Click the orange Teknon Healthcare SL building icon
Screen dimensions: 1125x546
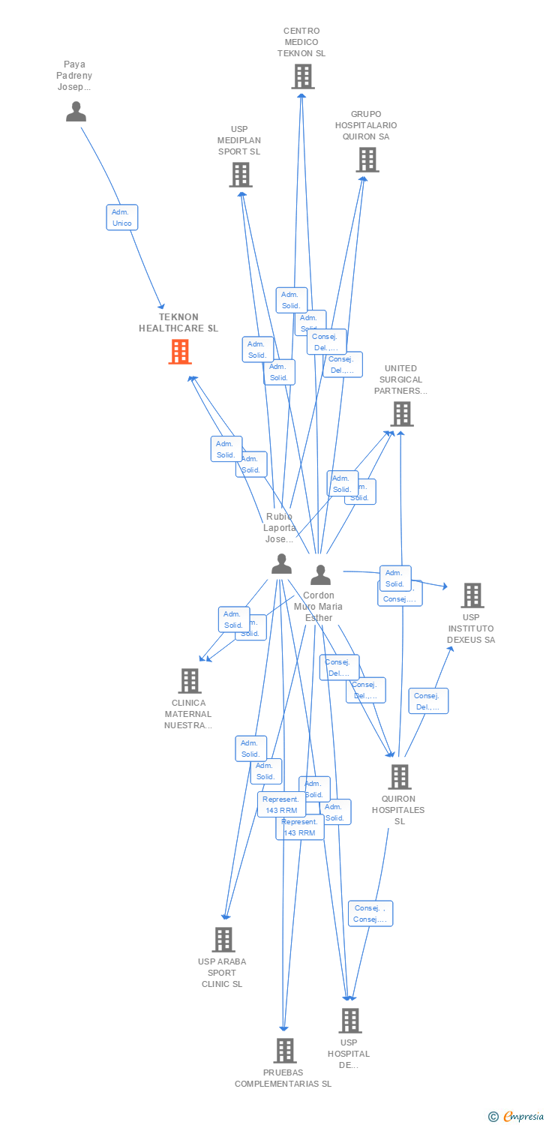[x=180, y=352]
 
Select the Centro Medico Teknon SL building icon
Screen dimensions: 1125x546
[x=302, y=76]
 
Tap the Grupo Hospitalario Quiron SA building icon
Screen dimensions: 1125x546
[x=367, y=160]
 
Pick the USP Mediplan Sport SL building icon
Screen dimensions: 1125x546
[x=240, y=175]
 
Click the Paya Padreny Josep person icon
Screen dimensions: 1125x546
[x=76, y=112]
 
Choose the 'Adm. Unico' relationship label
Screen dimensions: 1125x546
[x=121, y=217]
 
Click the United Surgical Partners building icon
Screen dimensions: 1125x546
[x=401, y=414]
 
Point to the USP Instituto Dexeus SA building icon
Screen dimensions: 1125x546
[x=472, y=595]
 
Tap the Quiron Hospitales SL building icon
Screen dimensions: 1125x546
[x=400, y=777]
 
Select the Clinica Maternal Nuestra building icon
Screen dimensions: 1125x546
[x=189, y=681]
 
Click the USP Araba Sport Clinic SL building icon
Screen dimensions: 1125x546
[x=223, y=940]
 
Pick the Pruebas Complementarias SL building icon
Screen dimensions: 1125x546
[x=283, y=1051]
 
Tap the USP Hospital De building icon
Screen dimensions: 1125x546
[x=349, y=1021]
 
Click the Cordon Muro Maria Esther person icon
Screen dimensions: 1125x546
[x=320, y=575]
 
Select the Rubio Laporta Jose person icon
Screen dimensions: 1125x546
[x=281, y=564]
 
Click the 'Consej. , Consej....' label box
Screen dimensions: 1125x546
[x=370, y=913]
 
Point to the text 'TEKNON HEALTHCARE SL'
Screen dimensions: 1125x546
[x=178, y=322]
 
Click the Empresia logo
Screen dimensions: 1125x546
[x=517, y=1116]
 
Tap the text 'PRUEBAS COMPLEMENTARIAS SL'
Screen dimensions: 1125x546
[x=283, y=1078]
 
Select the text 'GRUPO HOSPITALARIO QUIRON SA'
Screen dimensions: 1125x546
[x=366, y=125]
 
